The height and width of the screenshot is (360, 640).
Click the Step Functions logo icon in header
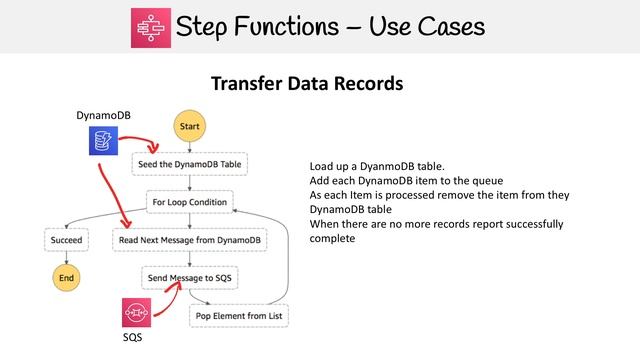coord(152,26)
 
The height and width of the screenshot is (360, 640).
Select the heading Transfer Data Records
coord(307,84)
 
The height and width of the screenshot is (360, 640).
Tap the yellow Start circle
coord(190,127)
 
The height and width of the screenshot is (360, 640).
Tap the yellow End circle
coord(67,275)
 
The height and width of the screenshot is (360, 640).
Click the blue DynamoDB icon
coord(103,141)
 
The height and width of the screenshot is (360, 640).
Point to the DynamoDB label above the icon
coord(103,116)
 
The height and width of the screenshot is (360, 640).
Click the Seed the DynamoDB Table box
coord(189,164)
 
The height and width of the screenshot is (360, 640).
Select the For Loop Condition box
coord(189,202)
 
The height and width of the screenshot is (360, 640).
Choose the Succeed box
coord(67,240)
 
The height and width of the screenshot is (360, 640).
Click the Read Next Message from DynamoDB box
coord(189,240)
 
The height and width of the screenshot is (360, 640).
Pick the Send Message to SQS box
coord(189,276)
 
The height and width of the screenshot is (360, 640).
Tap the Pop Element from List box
coord(239,315)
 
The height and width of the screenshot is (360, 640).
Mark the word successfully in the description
coord(531,224)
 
